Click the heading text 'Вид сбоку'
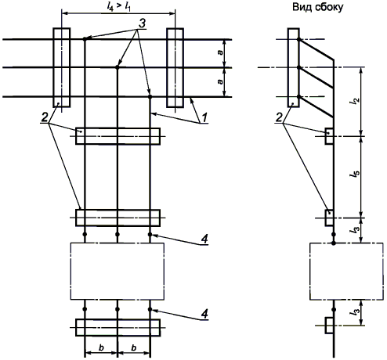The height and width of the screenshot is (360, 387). (x=317, y=7)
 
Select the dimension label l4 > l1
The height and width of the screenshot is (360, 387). (x=118, y=6)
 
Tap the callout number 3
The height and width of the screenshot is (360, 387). (x=141, y=23)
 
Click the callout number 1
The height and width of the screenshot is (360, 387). (x=204, y=117)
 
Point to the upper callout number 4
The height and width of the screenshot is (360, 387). (x=204, y=239)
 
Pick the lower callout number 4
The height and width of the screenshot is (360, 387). (x=204, y=314)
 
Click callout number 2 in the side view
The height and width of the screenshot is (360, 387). (x=280, y=117)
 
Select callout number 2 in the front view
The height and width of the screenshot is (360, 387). (x=45, y=117)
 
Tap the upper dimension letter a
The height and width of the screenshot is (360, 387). (x=221, y=52)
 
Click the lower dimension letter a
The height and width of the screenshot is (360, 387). (x=221, y=81)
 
